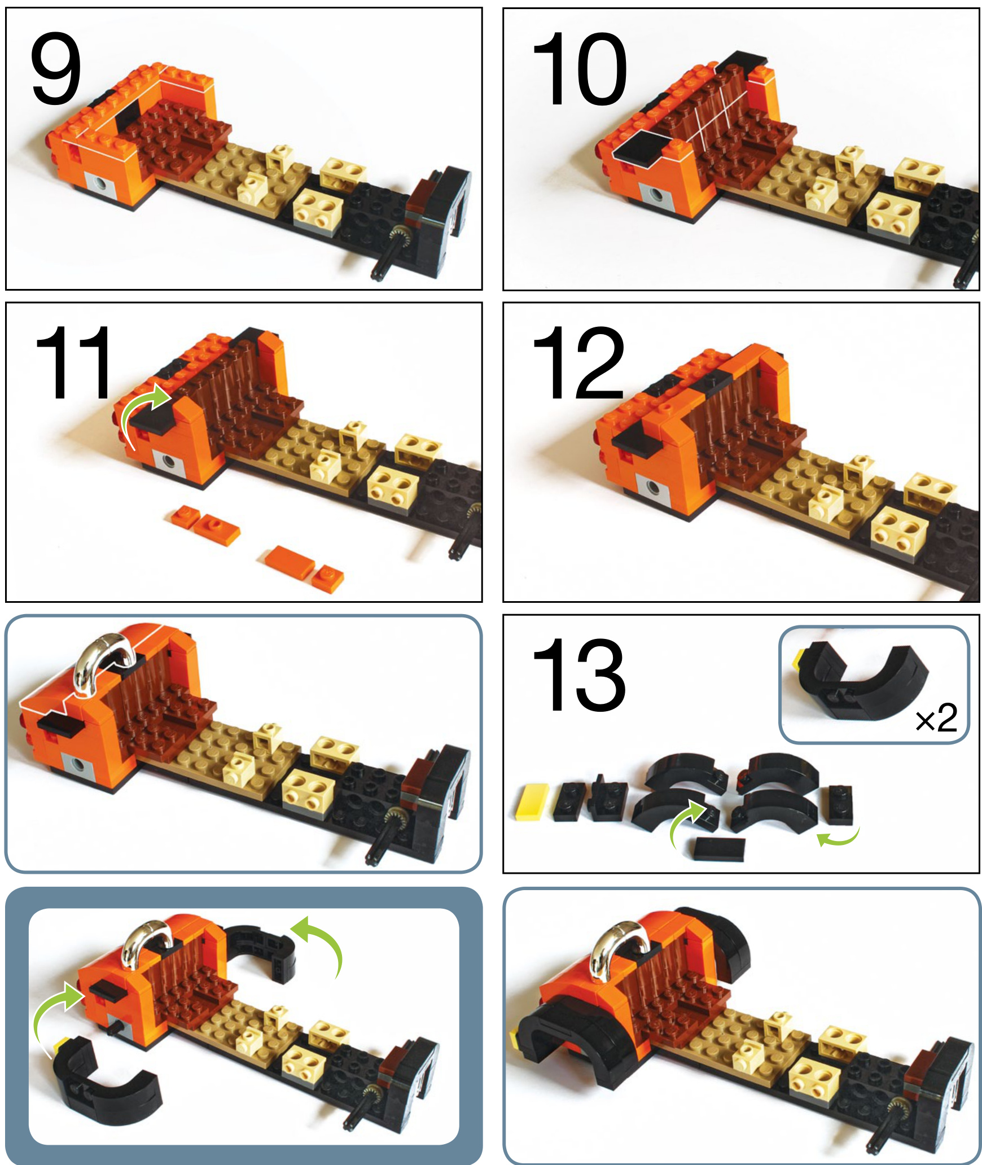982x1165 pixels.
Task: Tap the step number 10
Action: point(580,69)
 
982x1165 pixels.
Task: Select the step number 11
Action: point(73,362)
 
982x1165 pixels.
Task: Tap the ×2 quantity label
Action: point(937,718)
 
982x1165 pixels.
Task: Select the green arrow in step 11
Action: point(146,415)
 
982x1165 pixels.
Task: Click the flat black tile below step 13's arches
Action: point(720,849)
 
